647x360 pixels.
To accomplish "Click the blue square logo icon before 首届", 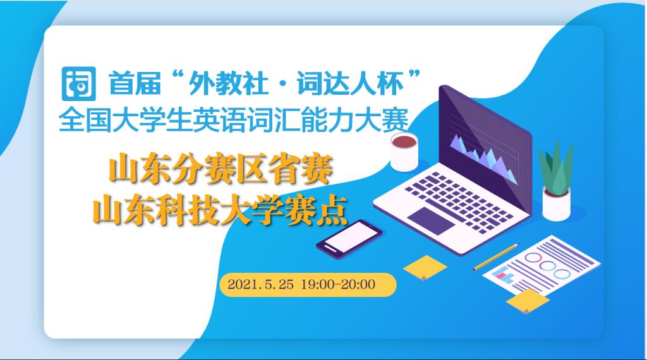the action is coord(79,84).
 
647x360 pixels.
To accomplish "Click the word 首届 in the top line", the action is coord(135,84).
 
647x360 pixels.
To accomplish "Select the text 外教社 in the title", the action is coord(228,84).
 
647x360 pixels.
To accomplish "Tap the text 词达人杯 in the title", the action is coord(350,84).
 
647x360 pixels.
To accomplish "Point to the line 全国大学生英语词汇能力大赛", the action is coord(234,120).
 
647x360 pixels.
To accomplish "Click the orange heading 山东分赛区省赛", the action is coord(221,169).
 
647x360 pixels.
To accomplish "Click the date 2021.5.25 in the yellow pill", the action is coord(260,284).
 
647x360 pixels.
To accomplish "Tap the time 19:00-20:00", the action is coord(339,284).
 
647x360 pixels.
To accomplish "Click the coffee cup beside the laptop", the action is coord(404,152).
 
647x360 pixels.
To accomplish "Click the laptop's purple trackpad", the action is coord(431,220).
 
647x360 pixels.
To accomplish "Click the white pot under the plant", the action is coord(556,204).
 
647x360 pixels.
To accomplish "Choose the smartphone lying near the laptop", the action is coord(349,239).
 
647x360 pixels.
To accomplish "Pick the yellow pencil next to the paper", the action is coord(496,256).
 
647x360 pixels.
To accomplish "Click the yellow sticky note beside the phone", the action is coord(425,267).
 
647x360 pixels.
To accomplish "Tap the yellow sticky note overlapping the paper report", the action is coord(528,301).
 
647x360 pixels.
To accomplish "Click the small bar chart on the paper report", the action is coord(504,274).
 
